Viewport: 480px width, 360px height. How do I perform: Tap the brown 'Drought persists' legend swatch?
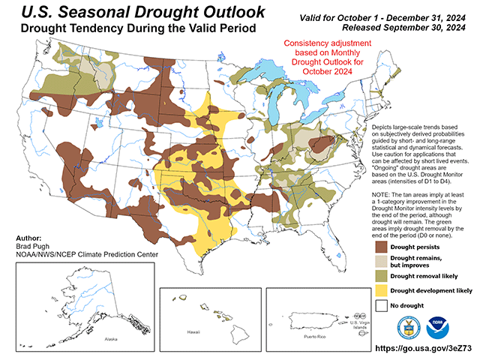(380, 247)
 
